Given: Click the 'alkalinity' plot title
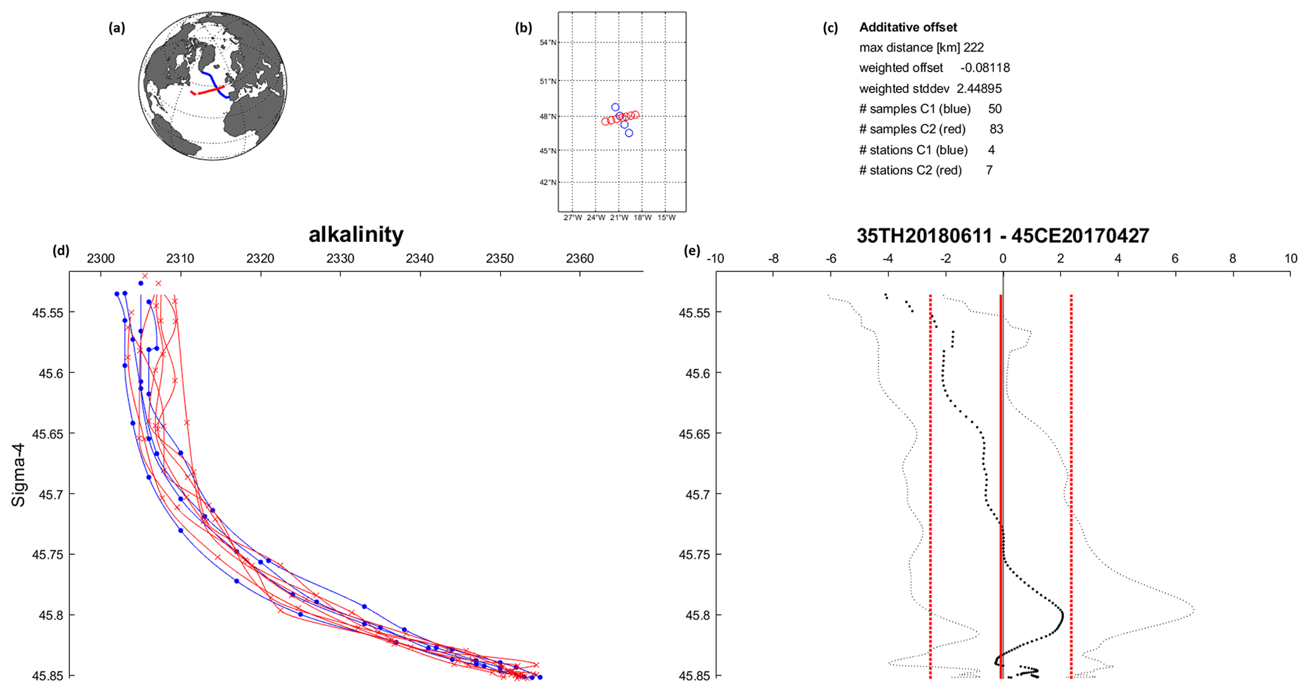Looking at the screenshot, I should click(356, 235).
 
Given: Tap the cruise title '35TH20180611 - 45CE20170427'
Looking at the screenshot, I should click(1002, 236).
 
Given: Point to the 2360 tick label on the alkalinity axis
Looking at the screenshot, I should click(579, 259).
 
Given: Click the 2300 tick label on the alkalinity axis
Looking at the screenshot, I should click(101, 259).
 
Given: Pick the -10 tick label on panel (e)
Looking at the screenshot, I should click(715, 259).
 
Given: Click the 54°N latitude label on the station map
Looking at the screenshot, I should click(548, 42).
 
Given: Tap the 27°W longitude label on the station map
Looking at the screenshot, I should click(572, 218).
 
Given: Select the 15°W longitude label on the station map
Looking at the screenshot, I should click(666, 218).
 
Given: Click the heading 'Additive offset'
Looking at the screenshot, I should click(907, 27).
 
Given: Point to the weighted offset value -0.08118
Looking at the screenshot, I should click(985, 68).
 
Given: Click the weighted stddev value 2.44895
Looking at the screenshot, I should click(978, 89).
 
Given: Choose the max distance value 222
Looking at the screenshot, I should click(973, 47).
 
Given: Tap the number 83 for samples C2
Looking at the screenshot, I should click(996, 129).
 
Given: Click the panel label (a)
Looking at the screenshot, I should click(117, 27).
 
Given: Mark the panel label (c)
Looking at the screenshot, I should click(830, 28).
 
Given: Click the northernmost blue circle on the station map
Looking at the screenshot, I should click(615, 108).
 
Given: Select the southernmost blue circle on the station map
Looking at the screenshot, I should click(629, 133).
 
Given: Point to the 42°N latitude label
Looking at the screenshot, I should click(548, 182).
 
